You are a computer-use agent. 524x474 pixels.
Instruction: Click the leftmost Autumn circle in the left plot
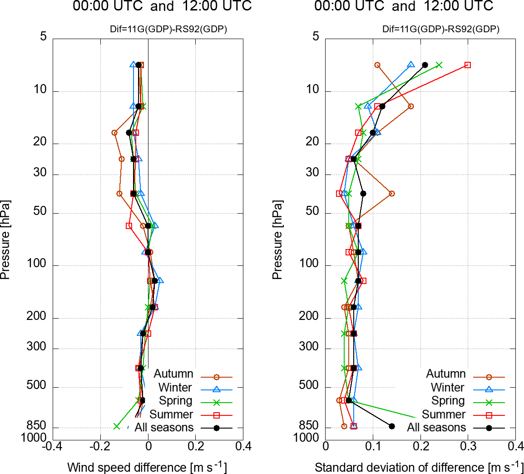coord(114,133)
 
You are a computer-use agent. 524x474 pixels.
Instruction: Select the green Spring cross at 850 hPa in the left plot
coord(117,426)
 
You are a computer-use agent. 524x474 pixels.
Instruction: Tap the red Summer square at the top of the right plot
coord(468,65)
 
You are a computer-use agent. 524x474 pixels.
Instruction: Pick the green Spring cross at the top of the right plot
coord(439,65)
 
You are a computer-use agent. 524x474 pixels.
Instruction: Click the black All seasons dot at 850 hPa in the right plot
coord(392,426)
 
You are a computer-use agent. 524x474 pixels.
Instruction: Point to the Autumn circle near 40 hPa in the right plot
coord(391,194)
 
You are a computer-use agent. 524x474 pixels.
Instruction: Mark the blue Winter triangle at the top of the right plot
coord(411,65)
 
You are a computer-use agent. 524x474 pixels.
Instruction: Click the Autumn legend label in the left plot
coord(173,374)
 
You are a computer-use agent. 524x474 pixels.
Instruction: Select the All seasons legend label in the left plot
coord(164,428)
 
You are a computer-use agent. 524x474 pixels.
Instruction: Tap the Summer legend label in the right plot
coord(444,414)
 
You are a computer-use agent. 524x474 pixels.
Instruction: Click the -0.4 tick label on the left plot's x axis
coord(53,446)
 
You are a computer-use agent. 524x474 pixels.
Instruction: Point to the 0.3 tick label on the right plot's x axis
coord(468,446)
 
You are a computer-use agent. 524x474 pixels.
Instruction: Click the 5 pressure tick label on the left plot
coord(44,36)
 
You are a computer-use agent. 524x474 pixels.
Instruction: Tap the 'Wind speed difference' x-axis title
coord(147,467)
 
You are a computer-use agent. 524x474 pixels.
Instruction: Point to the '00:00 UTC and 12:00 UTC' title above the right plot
coord(404,6)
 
